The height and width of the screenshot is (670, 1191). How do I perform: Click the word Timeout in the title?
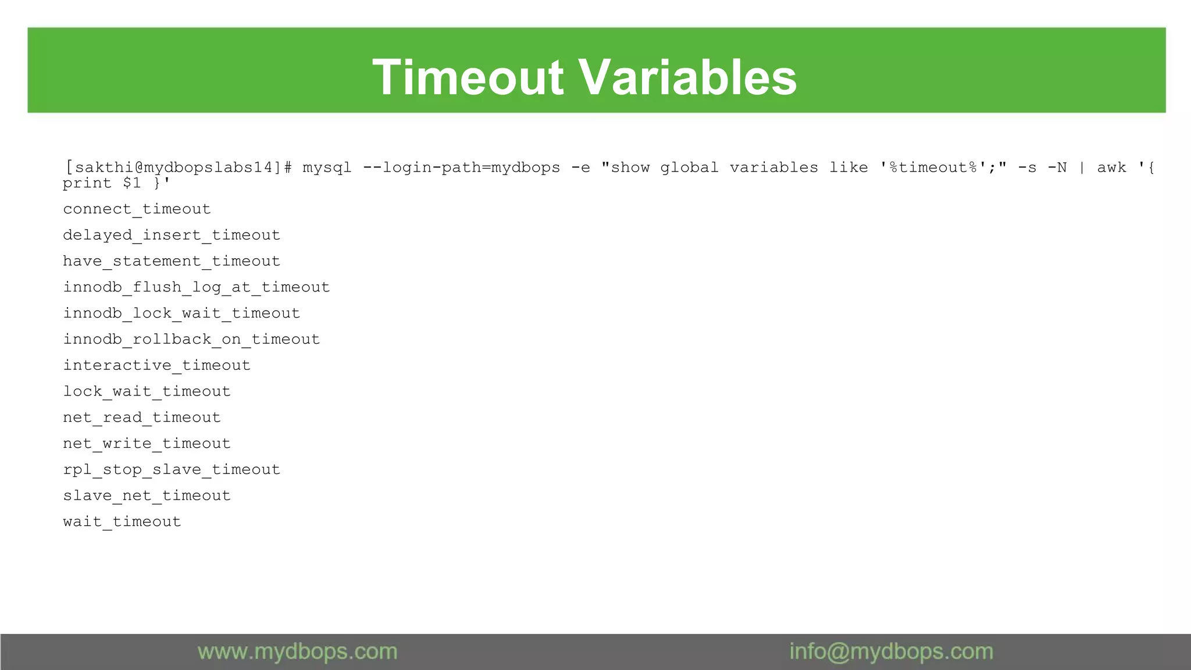[x=468, y=77]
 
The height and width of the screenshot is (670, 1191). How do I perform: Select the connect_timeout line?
[x=137, y=209]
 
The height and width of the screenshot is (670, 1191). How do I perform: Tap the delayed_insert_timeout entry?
[x=172, y=235]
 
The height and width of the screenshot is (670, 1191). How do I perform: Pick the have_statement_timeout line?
[x=172, y=261]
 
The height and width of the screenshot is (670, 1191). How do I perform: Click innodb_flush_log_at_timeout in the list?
[x=197, y=287]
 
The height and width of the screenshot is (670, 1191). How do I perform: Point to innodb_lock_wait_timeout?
[x=181, y=313]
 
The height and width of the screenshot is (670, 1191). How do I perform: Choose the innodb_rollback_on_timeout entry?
[x=191, y=340]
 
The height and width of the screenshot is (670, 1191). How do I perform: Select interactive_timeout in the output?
[x=156, y=365]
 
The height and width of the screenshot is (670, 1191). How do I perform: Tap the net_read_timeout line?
[x=142, y=418]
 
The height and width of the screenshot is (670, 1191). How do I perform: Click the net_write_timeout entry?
[x=147, y=444]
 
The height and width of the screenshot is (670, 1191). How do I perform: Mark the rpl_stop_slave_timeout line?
[x=172, y=470]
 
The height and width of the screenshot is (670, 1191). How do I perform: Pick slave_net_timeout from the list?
[x=147, y=496]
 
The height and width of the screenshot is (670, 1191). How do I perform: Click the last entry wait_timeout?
[x=122, y=522]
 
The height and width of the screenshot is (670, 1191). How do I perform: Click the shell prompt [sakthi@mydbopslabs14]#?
[x=179, y=167]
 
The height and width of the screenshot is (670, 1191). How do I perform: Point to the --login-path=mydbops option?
[x=461, y=167]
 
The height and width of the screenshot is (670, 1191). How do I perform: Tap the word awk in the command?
[x=1111, y=167]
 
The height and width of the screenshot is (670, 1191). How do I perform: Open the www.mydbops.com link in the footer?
[x=297, y=652]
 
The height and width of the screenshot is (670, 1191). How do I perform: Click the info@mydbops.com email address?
[x=891, y=652]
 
